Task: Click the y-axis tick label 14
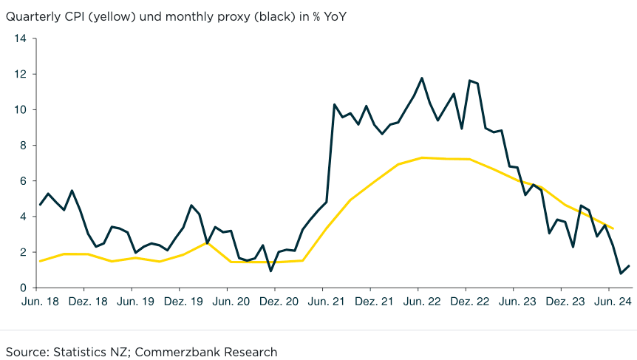pyautogui.click(x=20, y=38)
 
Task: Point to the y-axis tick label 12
pyautogui.click(x=20, y=74)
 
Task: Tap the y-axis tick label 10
pyautogui.click(x=20, y=109)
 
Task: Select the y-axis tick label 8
pyautogui.click(x=23, y=146)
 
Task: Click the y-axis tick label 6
pyautogui.click(x=23, y=181)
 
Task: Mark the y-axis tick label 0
pyautogui.click(x=23, y=288)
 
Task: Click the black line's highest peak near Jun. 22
pyautogui.click(x=422, y=78)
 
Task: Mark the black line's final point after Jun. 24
pyautogui.click(x=629, y=265)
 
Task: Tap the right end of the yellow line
pyautogui.click(x=613, y=228)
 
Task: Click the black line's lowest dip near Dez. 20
pyautogui.click(x=270, y=271)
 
